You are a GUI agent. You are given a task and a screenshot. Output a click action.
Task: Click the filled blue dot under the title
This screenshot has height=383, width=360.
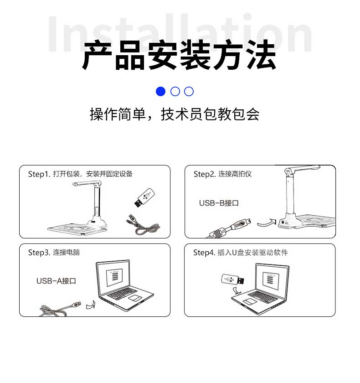coord(160,91)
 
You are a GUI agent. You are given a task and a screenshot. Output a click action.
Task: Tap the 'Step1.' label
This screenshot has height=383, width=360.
coord(39,174)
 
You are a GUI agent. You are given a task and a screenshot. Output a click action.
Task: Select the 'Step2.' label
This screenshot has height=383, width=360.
coord(205,174)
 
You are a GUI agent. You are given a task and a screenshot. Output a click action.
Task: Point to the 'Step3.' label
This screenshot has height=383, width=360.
coord(39,253)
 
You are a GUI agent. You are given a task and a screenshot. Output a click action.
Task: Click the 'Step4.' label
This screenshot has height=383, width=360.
coord(204,253)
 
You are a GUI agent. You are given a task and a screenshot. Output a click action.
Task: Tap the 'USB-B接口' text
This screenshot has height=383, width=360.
coord(219,203)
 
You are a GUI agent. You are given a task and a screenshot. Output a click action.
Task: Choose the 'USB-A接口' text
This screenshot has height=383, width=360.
coord(56,281)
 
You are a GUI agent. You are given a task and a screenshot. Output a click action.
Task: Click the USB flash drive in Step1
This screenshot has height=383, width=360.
coord(144,197)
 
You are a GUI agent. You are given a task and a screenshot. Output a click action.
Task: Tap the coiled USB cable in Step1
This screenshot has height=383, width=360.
coord(143,225)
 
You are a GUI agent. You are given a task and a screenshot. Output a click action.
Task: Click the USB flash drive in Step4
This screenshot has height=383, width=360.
coord(233,279)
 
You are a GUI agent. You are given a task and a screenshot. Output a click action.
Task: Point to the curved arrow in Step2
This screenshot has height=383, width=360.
coord(267,223)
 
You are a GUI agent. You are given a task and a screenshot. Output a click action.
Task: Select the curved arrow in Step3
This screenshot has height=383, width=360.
coord(91,305)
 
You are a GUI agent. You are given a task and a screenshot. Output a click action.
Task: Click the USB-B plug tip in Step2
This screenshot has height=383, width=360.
coord(249,221)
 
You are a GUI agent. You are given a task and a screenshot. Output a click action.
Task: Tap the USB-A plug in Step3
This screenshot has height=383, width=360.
coord(76,304)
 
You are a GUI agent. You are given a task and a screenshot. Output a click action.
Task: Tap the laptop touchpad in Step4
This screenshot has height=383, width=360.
coord(249,301)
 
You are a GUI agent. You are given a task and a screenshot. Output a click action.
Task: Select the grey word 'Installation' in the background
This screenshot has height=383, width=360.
coord(180,33)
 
